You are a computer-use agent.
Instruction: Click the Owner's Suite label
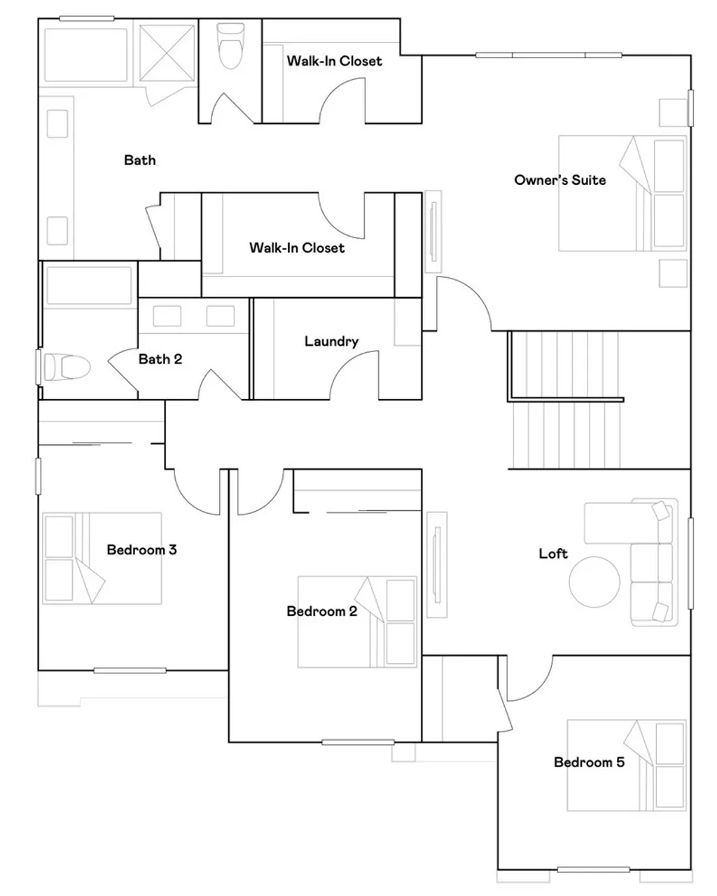pos(559,180)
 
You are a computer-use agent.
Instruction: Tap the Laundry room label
pos(331,342)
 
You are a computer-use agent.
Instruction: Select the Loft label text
pos(553,554)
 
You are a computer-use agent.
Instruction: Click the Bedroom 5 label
pos(589,762)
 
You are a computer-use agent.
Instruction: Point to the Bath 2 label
pos(160,359)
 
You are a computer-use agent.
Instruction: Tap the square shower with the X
pos(166,55)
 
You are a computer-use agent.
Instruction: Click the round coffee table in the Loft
pos(594,581)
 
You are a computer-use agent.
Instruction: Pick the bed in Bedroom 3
pos(102,559)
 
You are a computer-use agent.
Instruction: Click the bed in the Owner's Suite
pos(622,193)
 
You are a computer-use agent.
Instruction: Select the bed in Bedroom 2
pos(357,622)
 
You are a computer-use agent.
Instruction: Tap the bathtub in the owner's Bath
pos(86,55)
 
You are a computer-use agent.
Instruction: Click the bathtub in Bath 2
pos(88,286)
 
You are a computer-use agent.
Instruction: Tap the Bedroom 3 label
pos(141,549)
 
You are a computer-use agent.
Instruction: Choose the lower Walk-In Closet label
pos(297,248)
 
